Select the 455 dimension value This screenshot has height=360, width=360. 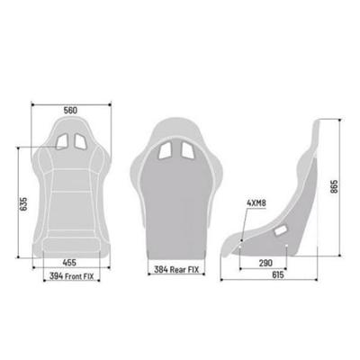click(70, 263)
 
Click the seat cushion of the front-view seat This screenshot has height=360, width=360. click(70, 229)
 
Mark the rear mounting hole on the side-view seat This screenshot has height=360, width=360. click(243, 239)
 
